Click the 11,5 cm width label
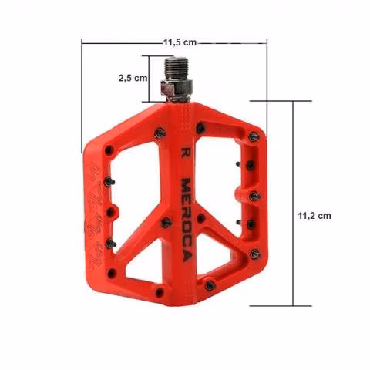coord(180,42)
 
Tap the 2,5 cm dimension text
coord(133,78)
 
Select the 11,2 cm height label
coord(314,216)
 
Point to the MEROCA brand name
coord(187,220)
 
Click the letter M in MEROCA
coord(186,184)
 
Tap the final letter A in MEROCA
coord(187,256)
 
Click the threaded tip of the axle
coord(176,68)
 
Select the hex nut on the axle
coord(177,87)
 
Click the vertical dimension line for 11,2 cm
coord(293,203)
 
